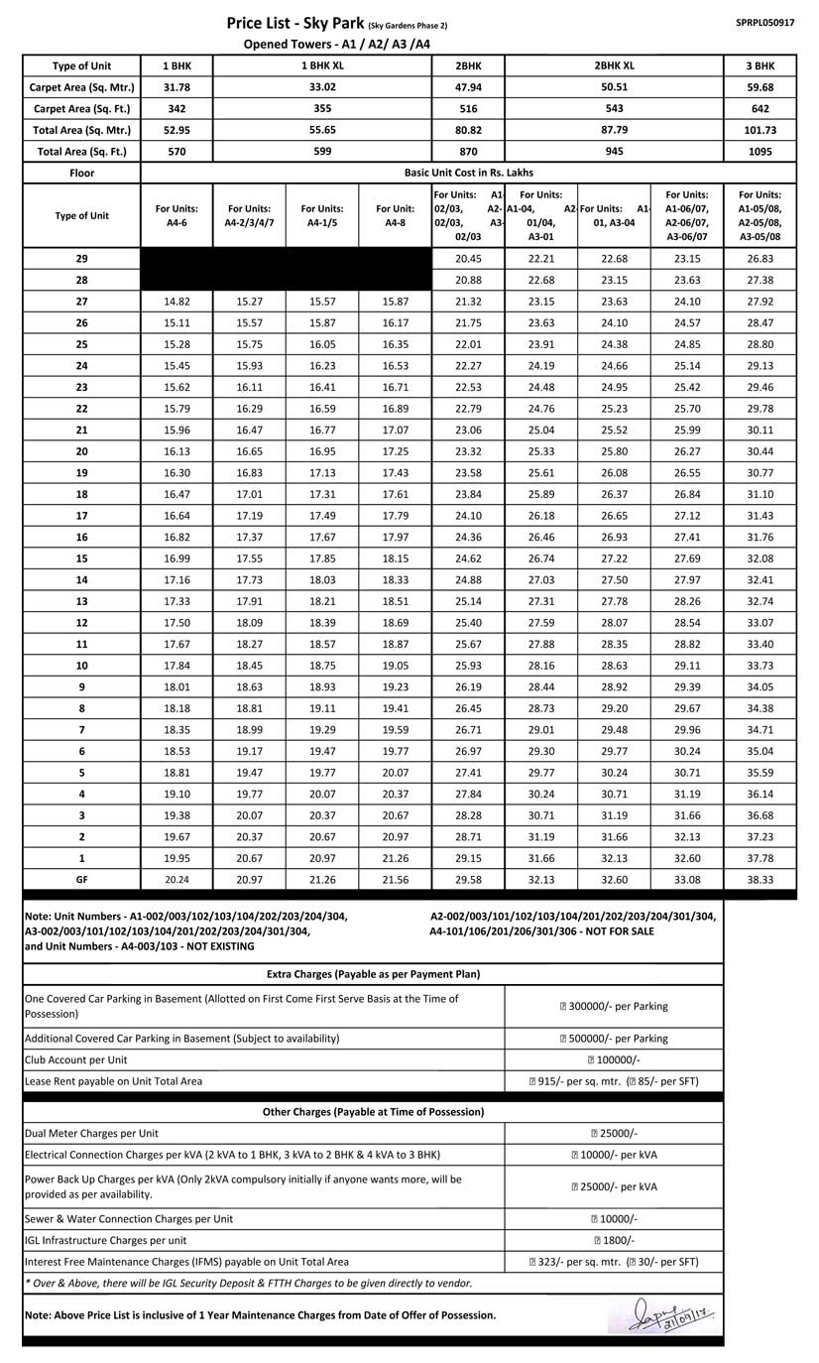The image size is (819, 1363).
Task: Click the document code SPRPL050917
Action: [764, 22]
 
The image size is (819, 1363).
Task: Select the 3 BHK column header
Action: [760, 65]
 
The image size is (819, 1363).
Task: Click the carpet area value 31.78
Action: [176, 87]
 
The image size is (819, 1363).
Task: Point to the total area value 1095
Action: [760, 152]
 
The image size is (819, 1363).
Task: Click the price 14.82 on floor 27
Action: [176, 302]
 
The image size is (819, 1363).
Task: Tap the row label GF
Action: [81, 879]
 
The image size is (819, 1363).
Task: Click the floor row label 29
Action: [81, 259]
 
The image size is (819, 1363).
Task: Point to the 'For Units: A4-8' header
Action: [395, 215]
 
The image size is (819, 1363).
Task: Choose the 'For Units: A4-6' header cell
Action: [176, 215]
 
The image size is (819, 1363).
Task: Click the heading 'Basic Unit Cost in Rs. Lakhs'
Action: [468, 173]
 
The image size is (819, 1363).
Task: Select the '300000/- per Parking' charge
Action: [614, 1006]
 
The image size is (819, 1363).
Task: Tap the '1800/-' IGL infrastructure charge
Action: [614, 1240]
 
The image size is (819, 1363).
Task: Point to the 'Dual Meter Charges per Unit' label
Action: [91, 1133]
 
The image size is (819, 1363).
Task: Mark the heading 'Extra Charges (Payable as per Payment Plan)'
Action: [373, 974]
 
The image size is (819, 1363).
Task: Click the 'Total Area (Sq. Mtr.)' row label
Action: [81, 130]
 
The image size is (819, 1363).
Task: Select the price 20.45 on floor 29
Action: [468, 259]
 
